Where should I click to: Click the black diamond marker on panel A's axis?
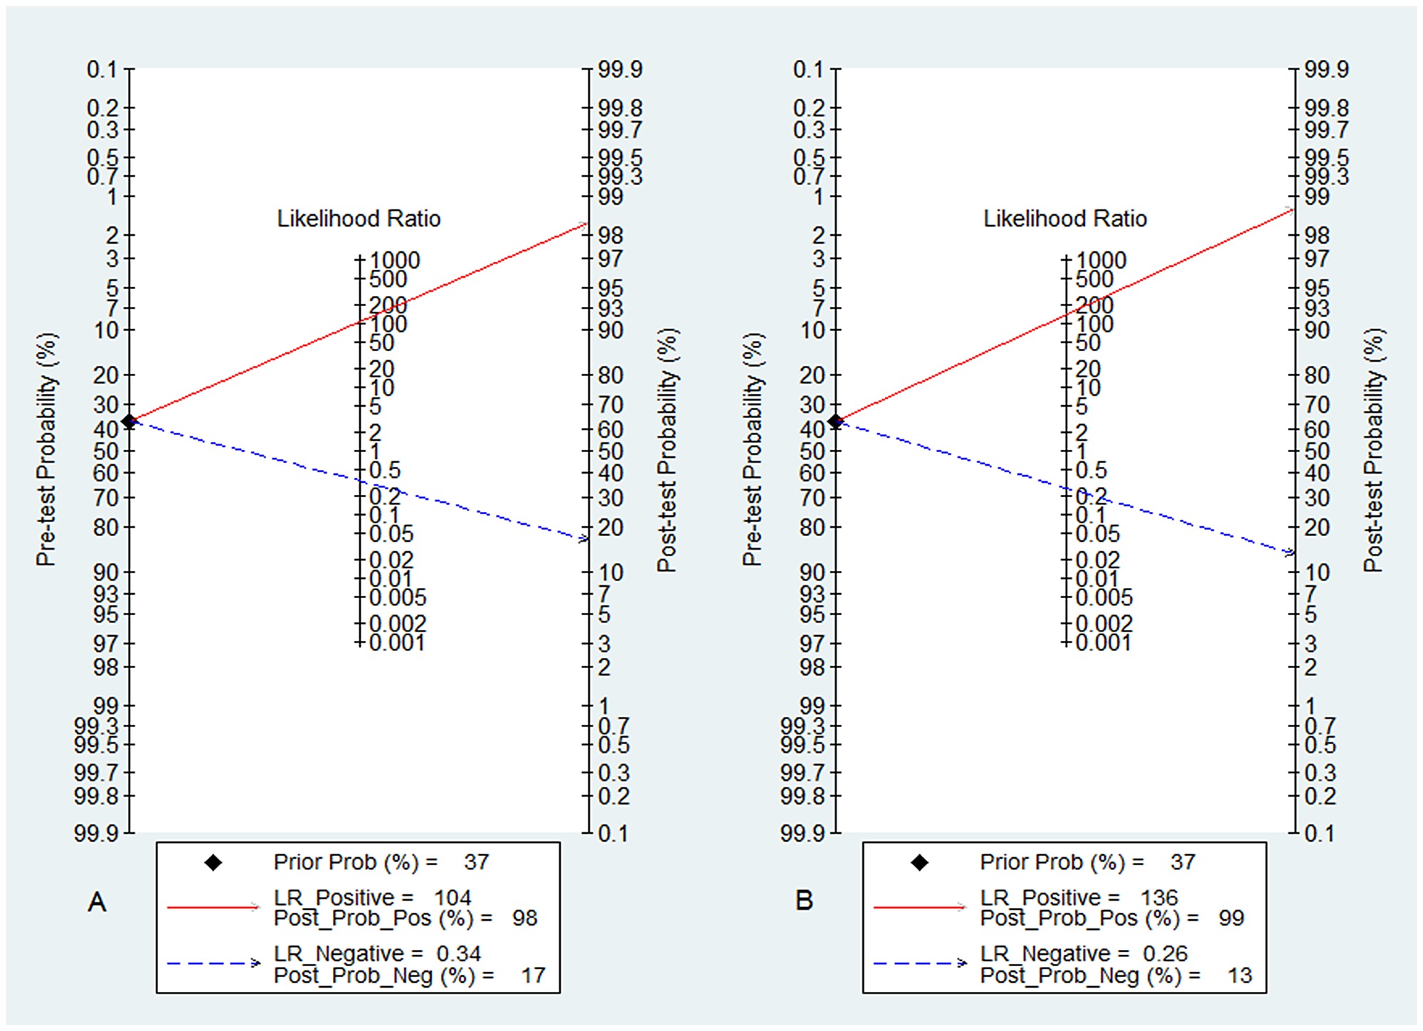[x=129, y=422]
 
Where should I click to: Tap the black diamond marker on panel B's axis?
[x=835, y=422]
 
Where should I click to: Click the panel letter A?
[x=97, y=903]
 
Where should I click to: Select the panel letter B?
[x=804, y=901]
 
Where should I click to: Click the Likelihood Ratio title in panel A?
[x=359, y=219]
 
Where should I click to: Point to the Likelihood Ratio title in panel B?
[x=1065, y=219]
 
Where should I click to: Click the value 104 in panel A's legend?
[x=453, y=898]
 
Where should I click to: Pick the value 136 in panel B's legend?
[x=1159, y=898]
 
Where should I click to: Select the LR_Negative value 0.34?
[x=459, y=953]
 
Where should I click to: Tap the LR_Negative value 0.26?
[x=1165, y=953]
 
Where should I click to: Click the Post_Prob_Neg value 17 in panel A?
[x=533, y=975]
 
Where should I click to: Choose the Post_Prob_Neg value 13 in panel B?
[x=1239, y=975]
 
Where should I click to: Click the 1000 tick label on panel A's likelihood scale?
[x=395, y=260]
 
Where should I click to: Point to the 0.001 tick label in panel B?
[x=1104, y=643]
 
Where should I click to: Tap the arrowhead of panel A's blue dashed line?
[x=584, y=539]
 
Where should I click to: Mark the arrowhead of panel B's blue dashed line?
[x=1290, y=553]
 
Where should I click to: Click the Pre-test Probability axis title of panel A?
[x=46, y=450]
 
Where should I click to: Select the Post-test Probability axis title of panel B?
[x=1373, y=450]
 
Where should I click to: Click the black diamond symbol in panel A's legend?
[x=213, y=863]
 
